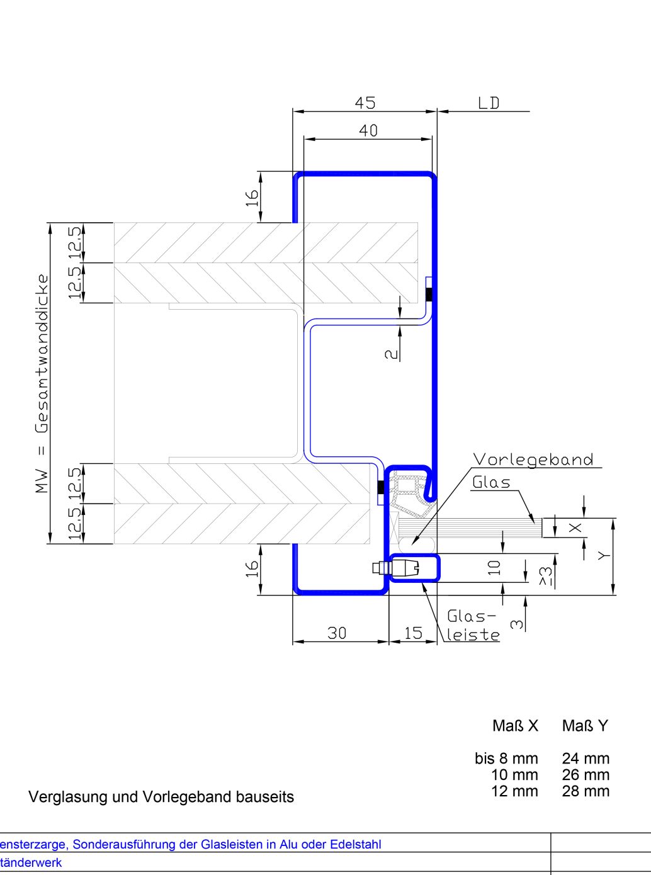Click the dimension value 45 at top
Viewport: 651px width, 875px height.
tap(365, 103)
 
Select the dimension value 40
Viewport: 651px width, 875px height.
tap(368, 130)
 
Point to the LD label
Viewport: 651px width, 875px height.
tap(489, 103)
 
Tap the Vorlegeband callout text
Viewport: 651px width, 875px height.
tap(533, 460)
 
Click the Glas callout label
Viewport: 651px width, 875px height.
tap(491, 482)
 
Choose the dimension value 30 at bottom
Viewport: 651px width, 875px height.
tap(337, 633)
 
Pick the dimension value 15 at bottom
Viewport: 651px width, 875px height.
tap(413, 633)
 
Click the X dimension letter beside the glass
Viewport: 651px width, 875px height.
tap(575, 528)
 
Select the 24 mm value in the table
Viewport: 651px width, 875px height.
tap(586, 758)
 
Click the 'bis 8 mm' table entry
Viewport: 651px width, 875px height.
tap(506, 758)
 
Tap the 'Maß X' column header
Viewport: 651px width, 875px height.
tap(515, 725)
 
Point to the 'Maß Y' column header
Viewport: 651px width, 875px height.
tap(585, 725)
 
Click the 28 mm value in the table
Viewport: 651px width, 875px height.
tap(586, 791)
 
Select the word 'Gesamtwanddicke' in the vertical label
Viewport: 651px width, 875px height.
tap(42, 354)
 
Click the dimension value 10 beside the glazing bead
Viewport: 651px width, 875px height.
tap(494, 568)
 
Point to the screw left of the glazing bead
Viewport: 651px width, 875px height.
tap(381, 568)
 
